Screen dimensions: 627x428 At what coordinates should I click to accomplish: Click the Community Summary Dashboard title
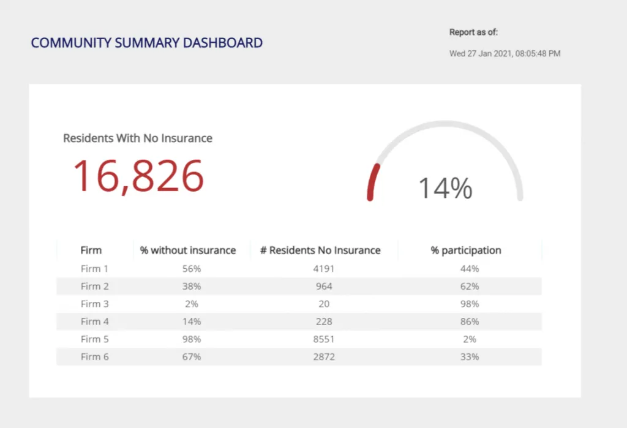147,43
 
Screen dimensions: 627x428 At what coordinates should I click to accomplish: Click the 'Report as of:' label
473,32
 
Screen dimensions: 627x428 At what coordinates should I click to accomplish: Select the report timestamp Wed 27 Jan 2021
505,54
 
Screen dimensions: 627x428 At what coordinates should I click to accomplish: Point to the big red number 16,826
138,176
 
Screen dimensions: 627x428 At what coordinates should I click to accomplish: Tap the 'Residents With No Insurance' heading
138,138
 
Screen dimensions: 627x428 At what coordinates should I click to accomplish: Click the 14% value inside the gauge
445,188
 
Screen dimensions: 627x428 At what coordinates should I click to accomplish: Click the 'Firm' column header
91,250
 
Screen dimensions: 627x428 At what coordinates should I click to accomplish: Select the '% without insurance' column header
188,250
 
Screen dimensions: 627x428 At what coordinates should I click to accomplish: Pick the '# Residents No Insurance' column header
320,250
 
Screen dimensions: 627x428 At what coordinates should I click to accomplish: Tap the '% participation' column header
466,250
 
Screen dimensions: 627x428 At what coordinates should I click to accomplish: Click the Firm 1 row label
94,269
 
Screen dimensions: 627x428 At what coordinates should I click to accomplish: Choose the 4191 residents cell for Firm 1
323,269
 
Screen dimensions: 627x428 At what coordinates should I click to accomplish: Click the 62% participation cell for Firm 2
470,287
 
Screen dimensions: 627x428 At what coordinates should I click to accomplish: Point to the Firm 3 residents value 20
324,304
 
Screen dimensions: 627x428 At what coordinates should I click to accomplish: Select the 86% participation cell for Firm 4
470,321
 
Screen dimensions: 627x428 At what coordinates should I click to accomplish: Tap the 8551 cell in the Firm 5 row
323,339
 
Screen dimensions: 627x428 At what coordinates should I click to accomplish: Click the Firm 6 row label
94,357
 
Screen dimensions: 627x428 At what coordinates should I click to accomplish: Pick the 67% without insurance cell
192,357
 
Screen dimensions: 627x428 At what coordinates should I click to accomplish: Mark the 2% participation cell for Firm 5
470,339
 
